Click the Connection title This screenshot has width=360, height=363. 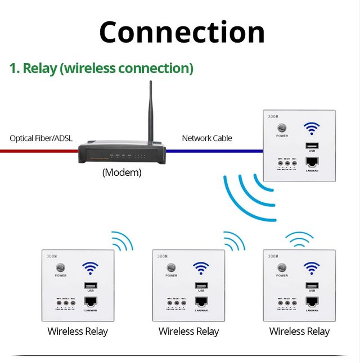[x=182, y=32]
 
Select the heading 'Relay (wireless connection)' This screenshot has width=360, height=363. [x=101, y=69]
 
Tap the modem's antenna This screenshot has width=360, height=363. [x=151, y=112]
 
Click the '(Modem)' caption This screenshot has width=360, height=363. [x=121, y=173]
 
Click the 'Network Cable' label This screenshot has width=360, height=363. [x=207, y=138]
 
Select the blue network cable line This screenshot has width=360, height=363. [x=214, y=151]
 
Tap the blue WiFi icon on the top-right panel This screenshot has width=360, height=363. [x=311, y=129]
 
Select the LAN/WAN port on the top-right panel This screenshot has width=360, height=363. [x=311, y=161]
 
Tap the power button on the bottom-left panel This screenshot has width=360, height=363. [x=61, y=268]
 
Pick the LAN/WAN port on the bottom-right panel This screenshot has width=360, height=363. [x=311, y=302]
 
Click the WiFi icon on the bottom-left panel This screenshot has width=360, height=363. [x=90, y=269]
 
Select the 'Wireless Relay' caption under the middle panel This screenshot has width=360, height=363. [x=188, y=332]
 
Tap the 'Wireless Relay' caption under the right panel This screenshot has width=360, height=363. [x=299, y=332]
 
